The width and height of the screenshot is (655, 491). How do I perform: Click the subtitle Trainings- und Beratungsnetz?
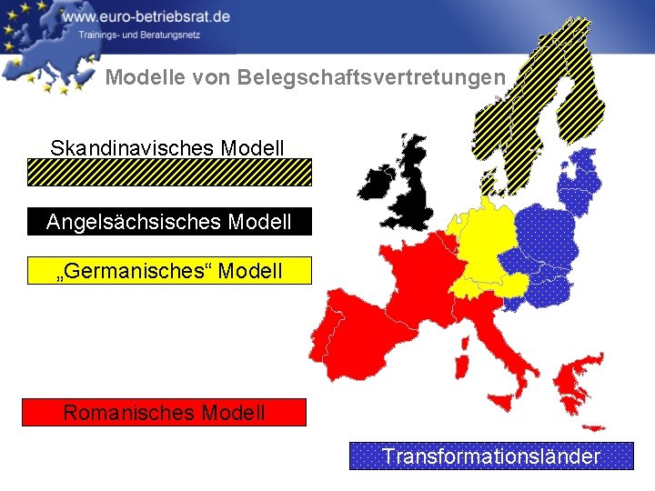point(137,35)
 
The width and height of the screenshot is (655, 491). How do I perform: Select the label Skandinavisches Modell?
point(167,147)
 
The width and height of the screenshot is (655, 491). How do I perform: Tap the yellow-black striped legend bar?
point(169,172)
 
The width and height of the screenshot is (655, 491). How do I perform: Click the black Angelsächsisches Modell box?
point(169,221)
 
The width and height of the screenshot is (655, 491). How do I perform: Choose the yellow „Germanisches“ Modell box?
point(169,271)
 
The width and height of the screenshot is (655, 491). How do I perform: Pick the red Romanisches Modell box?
point(164,413)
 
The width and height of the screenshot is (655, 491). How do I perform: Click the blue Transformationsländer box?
point(491,456)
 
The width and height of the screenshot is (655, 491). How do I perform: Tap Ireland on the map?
point(375,184)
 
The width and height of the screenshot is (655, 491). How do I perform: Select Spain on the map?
point(350,332)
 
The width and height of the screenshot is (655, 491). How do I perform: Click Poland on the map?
point(546,232)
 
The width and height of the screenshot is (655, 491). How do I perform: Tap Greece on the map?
point(576,382)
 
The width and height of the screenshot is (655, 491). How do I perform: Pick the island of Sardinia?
point(461,366)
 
